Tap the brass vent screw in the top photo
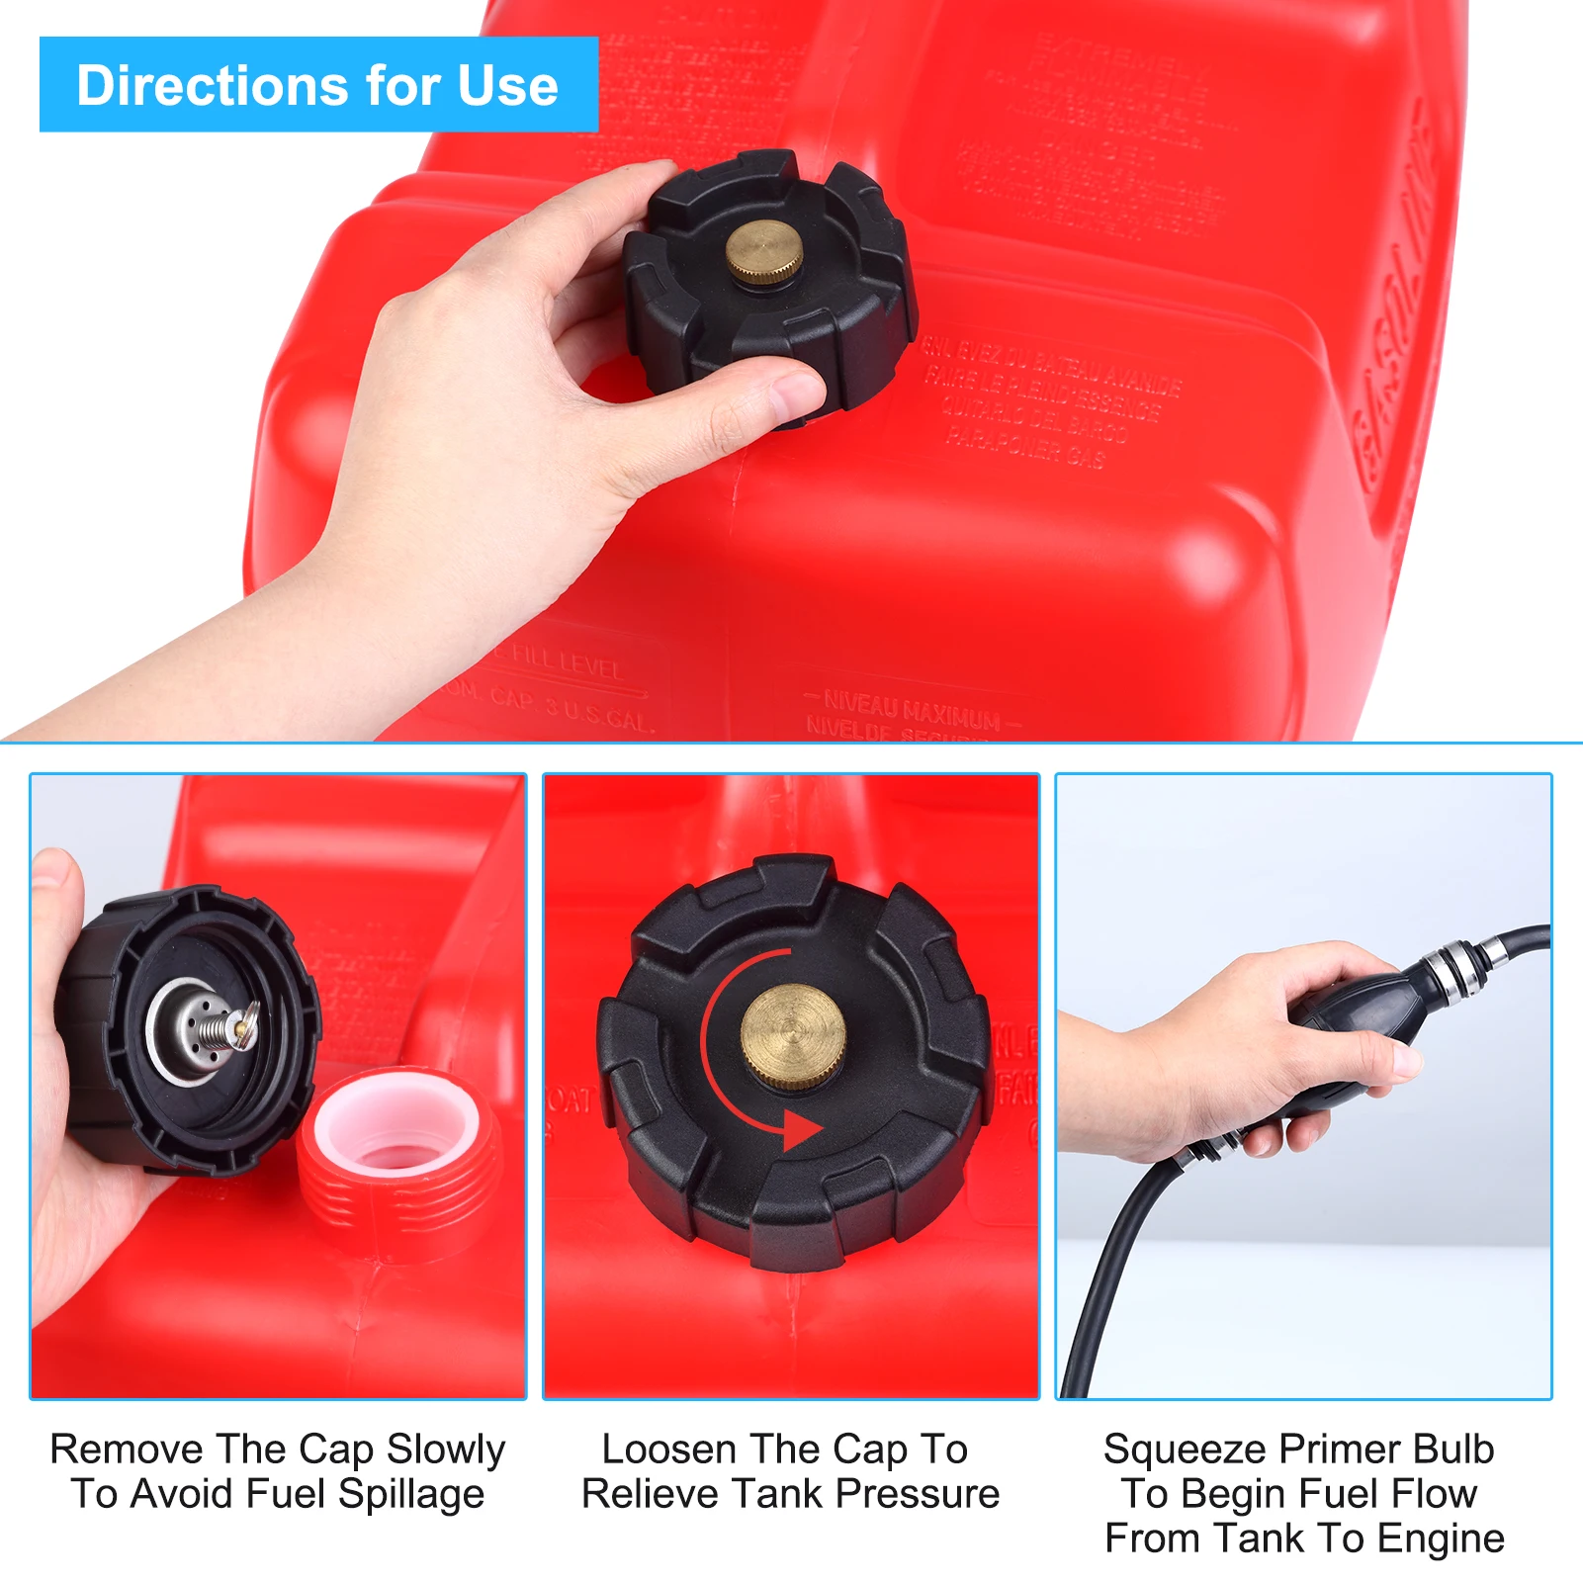[763, 252]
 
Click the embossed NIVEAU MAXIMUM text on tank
[910, 709]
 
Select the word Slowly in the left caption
[445, 1450]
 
